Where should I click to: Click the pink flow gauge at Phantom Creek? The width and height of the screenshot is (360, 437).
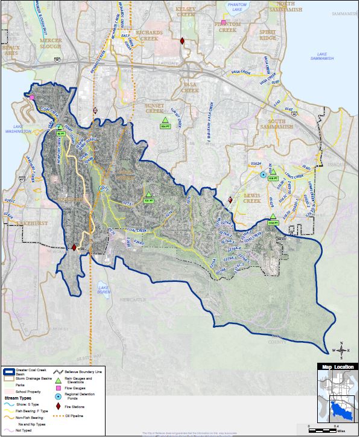(223, 22)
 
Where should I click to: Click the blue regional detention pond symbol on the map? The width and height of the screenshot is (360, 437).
(264, 174)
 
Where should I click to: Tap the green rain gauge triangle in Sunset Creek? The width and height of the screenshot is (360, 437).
(165, 120)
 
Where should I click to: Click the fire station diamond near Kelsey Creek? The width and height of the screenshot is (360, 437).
(182, 41)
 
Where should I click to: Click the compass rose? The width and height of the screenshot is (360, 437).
(341, 349)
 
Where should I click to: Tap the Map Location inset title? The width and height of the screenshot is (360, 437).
(335, 367)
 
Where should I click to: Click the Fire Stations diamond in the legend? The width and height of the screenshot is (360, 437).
(58, 407)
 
